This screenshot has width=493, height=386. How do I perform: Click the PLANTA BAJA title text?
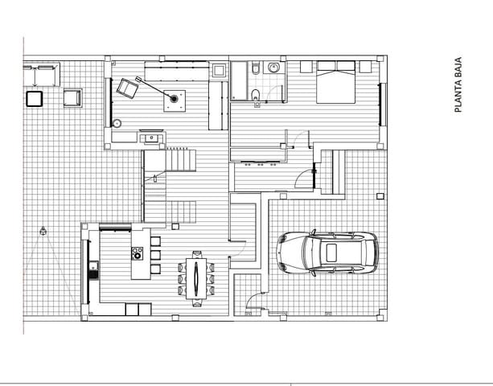click(x=458, y=84)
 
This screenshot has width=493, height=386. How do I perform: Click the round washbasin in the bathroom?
click(x=273, y=68)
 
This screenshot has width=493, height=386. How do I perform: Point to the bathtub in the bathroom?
click(x=240, y=80)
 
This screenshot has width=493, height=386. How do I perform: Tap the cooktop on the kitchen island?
click(x=137, y=253)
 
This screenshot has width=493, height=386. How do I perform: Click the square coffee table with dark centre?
click(x=174, y=100)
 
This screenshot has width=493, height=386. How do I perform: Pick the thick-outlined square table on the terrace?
click(x=35, y=99)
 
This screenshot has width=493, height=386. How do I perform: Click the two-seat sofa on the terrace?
click(x=41, y=75)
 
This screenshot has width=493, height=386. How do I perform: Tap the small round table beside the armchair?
click(x=117, y=124)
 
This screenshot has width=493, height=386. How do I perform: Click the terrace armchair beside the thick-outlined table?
click(x=72, y=98)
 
